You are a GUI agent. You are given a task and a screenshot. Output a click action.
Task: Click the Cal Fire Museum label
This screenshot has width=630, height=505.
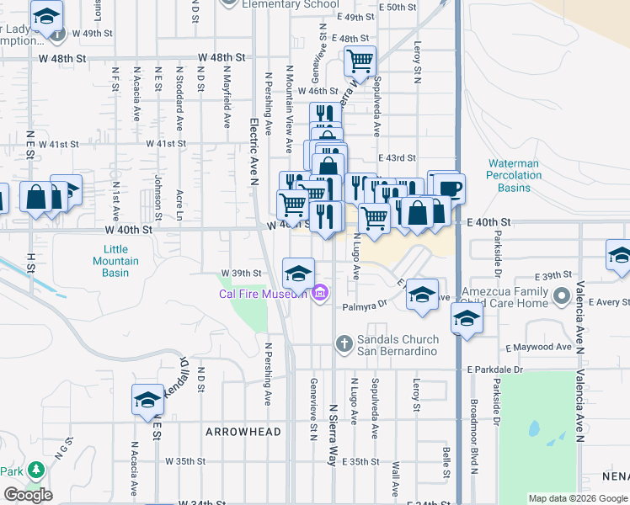click(x=257, y=294)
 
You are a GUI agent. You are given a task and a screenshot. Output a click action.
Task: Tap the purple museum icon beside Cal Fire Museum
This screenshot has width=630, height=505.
click(x=319, y=294)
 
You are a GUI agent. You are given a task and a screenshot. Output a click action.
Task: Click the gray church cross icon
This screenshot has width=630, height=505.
click(x=343, y=343)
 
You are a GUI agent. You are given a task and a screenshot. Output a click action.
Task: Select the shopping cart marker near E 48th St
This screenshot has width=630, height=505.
click(x=359, y=61)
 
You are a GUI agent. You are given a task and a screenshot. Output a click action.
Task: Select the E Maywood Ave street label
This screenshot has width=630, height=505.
click(x=539, y=347)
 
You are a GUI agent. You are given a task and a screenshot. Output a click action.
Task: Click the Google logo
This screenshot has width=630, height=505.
click(x=28, y=495)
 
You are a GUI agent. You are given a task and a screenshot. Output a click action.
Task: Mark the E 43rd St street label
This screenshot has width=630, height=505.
click(x=396, y=158)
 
